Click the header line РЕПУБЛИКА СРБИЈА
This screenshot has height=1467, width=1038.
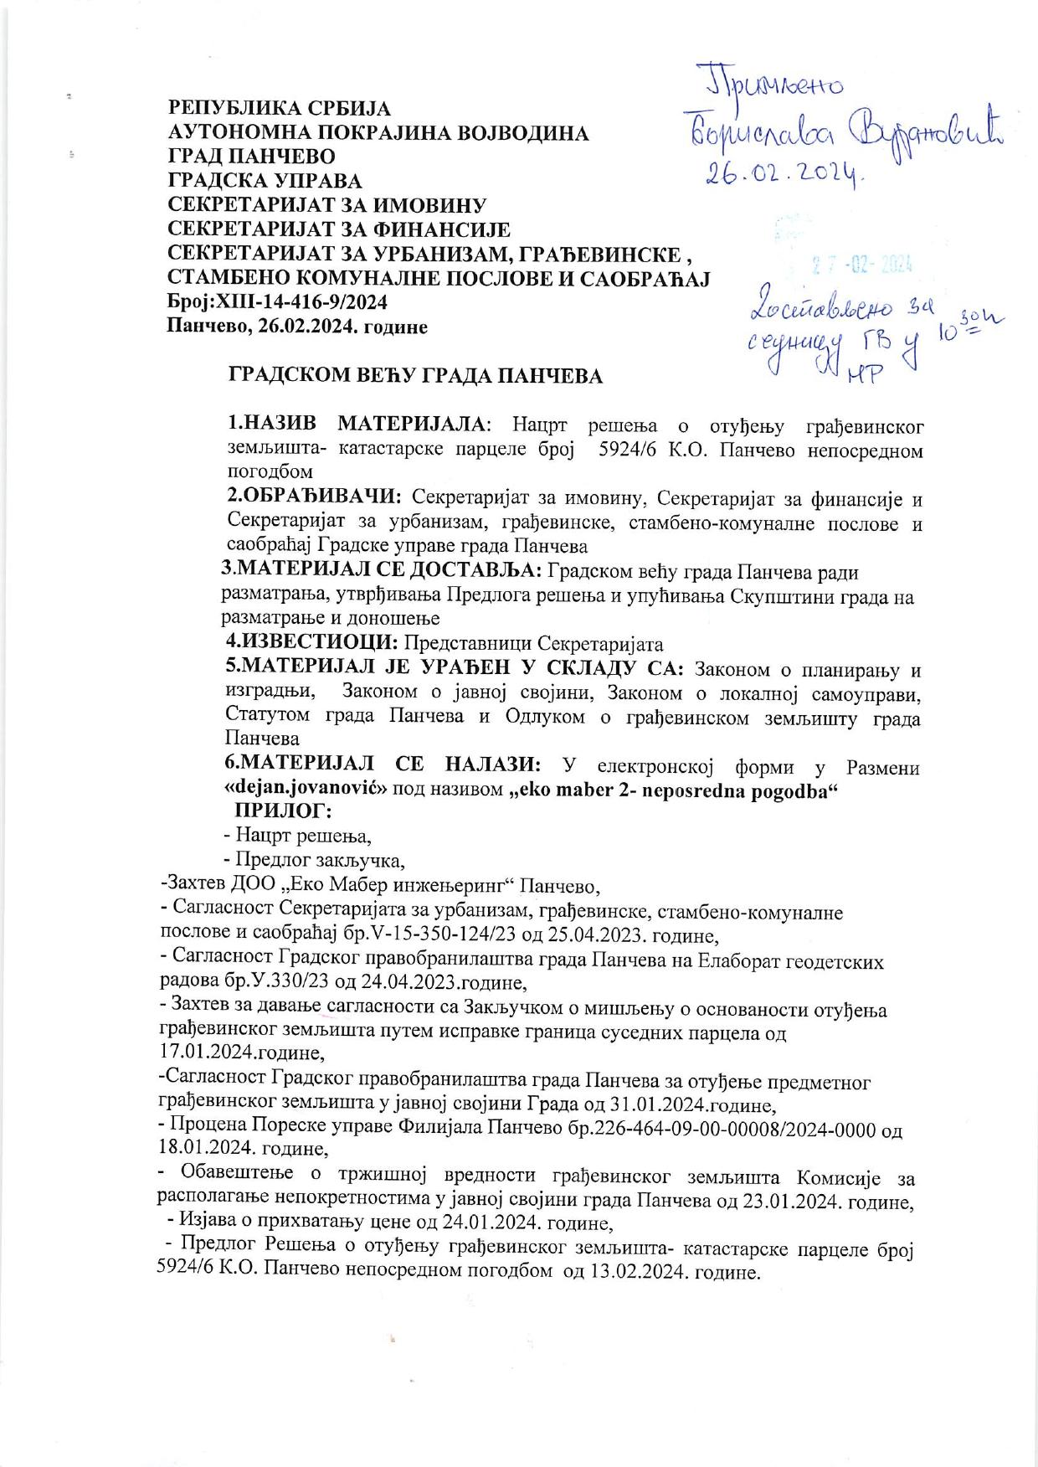coord(280,108)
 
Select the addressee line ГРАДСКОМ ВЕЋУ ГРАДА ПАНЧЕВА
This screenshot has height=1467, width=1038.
coord(416,376)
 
